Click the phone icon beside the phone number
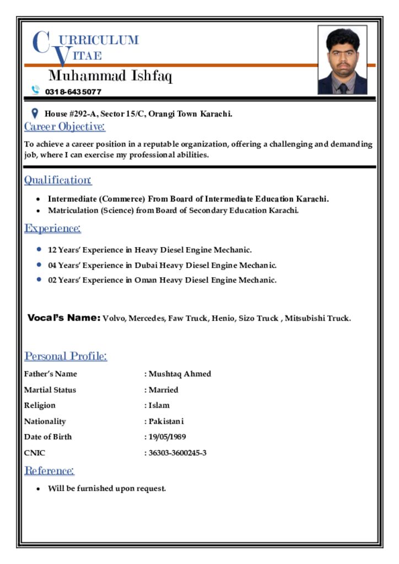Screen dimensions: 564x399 pos(36,90)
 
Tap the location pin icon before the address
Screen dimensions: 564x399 pos(35,113)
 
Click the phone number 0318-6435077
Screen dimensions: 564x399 pos(73,91)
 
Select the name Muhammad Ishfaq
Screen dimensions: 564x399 pos(110,76)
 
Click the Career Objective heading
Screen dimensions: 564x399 pos(64,127)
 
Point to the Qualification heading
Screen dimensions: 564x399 pos(58,180)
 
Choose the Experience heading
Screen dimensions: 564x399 pos(52,228)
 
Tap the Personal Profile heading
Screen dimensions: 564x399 pos(66,356)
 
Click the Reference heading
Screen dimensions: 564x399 pos(49,471)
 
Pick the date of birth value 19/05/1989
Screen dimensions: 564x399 pos(167,437)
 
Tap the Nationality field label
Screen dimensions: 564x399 pos(45,421)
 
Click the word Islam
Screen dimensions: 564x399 pos(159,405)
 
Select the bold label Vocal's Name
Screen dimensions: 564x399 pos(64,318)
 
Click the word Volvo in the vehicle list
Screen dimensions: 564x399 pos(114,318)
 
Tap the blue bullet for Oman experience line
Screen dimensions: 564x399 pos(39,279)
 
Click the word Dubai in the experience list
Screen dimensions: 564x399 pos(147,265)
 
